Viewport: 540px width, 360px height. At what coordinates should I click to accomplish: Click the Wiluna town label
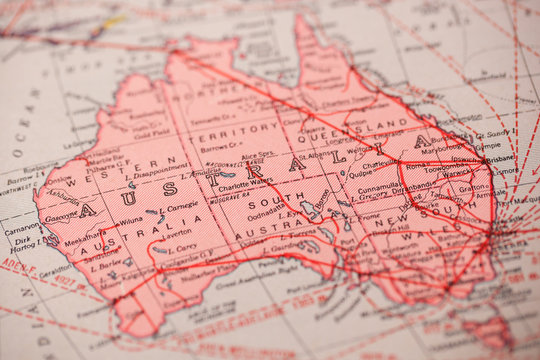point(129,221)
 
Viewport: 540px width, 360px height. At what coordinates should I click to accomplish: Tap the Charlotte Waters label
point(243,182)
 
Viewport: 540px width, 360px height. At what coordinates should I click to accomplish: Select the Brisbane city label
point(501,157)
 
